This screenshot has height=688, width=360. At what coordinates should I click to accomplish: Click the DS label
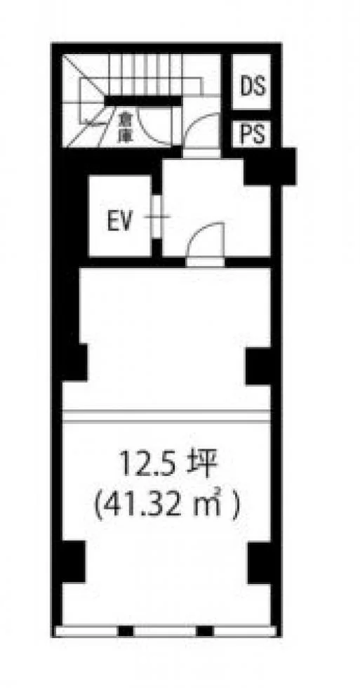[253, 86]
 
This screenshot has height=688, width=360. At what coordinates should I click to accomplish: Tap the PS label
[253, 134]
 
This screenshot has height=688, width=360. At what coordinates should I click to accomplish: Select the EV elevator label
[119, 222]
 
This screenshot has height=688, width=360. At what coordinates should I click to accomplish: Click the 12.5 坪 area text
[168, 465]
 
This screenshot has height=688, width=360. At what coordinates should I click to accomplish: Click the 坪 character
[204, 465]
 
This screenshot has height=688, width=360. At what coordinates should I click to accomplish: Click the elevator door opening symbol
[157, 216]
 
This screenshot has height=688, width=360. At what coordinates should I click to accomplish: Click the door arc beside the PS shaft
[201, 131]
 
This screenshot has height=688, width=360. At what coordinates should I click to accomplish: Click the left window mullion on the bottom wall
[126, 631]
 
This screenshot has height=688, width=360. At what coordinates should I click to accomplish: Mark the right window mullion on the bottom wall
[205, 631]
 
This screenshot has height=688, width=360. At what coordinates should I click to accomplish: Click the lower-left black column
[74, 562]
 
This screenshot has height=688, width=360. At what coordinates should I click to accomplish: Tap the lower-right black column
[259, 563]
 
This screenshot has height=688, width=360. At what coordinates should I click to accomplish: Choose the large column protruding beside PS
[269, 166]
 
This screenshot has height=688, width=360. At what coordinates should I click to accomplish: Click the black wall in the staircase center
[143, 101]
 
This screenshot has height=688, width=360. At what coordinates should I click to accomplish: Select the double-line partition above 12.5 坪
[166, 416]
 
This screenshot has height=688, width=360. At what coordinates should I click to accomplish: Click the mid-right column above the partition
[258, 366]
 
